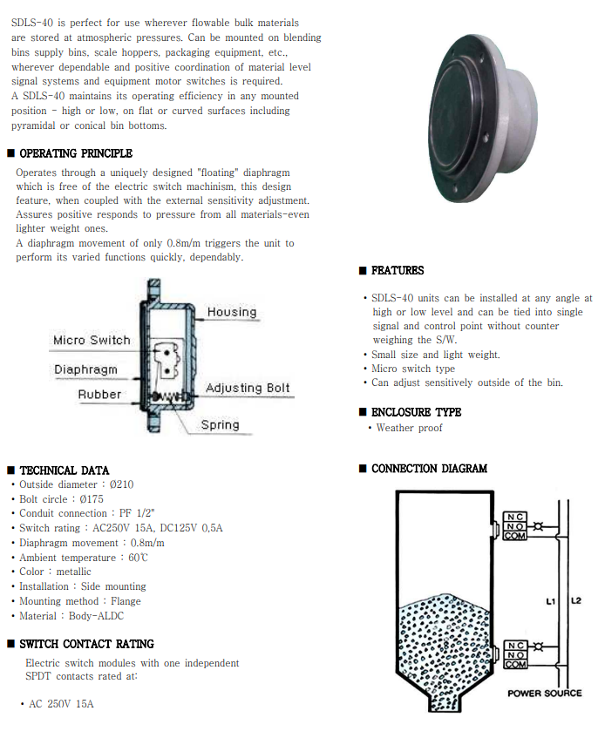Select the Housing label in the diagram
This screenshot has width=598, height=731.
click(x=231, y=312)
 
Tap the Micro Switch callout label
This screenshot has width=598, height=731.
click(x=92, y=340)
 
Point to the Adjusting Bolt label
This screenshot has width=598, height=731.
click(x=248, y=388)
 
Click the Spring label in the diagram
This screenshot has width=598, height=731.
click(x=220, y=425)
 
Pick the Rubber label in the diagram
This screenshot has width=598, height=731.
click(x=99, y=395)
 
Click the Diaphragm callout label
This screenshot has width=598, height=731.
click(x=85, y=369)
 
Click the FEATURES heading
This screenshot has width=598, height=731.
click(x=398, y=271)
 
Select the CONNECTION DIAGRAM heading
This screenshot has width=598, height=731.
click(x=429, y=469)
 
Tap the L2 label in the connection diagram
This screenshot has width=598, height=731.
click(x=575, y=601)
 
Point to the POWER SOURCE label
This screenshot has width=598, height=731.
click(x=544, y=694)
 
